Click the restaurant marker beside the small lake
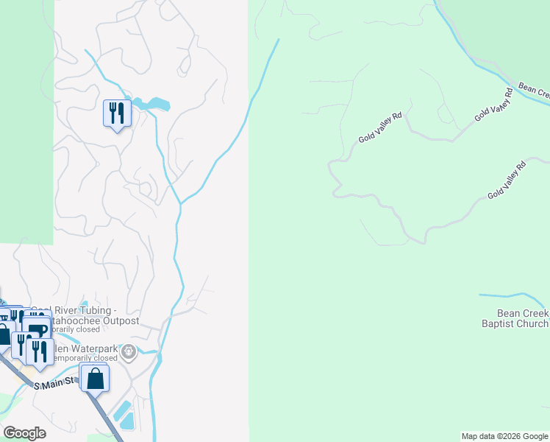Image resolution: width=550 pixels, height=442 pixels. coord(116,113)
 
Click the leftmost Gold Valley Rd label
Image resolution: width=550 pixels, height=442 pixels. coord(379,128)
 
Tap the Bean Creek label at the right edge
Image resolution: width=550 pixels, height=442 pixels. coord(534,91)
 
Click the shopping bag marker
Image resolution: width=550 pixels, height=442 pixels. coord(95,379)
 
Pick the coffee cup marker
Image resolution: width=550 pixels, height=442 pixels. coord(37,330)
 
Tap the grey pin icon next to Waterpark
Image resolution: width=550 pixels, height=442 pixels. coord(129,352)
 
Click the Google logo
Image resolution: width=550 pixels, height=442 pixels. coord(24,432)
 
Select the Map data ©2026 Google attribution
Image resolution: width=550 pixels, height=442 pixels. coord(504,436)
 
